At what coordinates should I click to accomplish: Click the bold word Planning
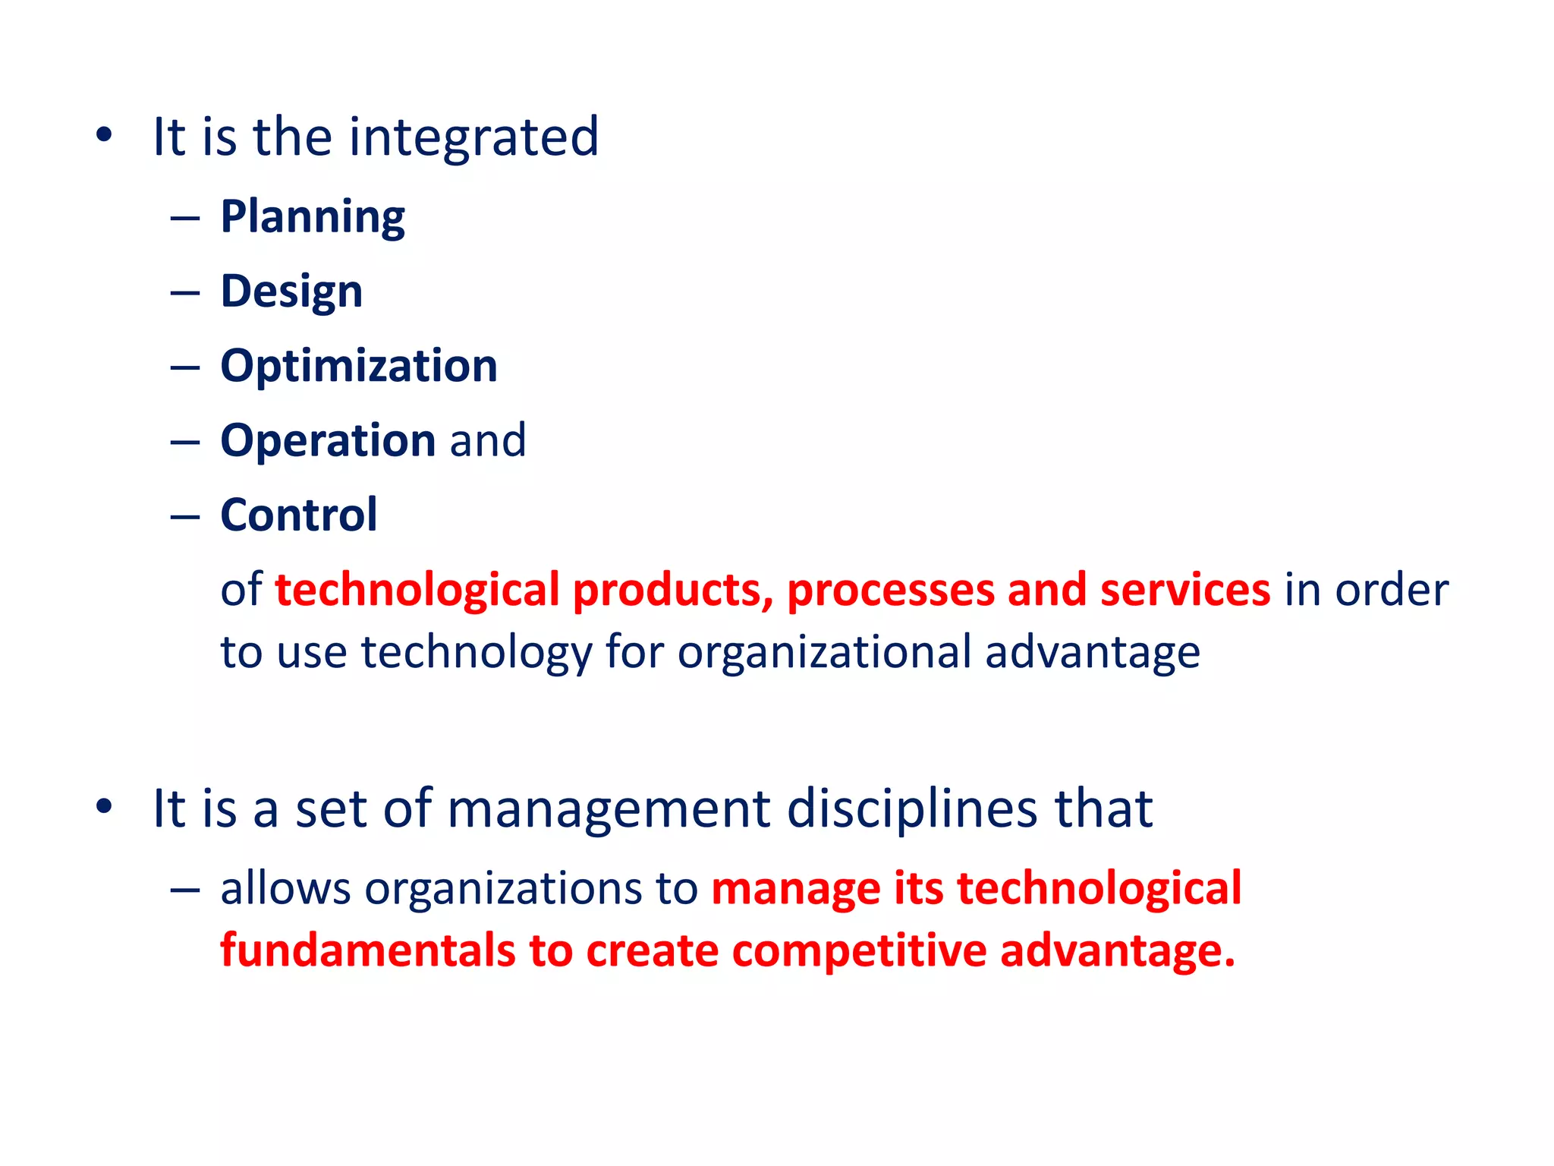point(313,218)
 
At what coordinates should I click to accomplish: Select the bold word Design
point(291,292)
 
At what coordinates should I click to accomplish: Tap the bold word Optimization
point(359,367)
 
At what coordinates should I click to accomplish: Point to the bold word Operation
point(328,441)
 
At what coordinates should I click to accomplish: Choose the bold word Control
point(298,515)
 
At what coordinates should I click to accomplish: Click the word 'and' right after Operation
point(488,441)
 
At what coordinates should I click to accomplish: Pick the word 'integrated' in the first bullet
point(473,138)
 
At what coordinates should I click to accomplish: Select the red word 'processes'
point(890,591)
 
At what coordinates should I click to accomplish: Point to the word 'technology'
point(476,653)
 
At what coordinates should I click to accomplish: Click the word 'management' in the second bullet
point(609,809)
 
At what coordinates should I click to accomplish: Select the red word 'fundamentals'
point(368,951)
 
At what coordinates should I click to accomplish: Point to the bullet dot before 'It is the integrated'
point(105,137)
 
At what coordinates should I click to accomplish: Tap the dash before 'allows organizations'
point(185,890)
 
